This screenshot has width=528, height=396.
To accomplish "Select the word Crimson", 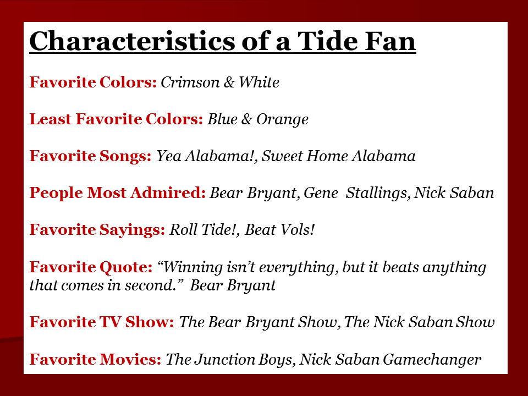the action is pyautogui.click(x=190, y=82).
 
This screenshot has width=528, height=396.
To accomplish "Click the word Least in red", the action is pyautogui.click(x=51, y=119).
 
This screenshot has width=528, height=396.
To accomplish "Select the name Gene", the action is pyautogui.click(x=321, y=193).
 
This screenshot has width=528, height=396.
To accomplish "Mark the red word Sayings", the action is pyautogui.click(x=132, y=230).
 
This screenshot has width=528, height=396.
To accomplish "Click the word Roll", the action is pyautogui.click(x=183, y=230).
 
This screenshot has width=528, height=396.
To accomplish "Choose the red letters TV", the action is pyautogui.click(x=110, y=322).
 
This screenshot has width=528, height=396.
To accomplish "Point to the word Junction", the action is pyautogui.click(x=225, y=359).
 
